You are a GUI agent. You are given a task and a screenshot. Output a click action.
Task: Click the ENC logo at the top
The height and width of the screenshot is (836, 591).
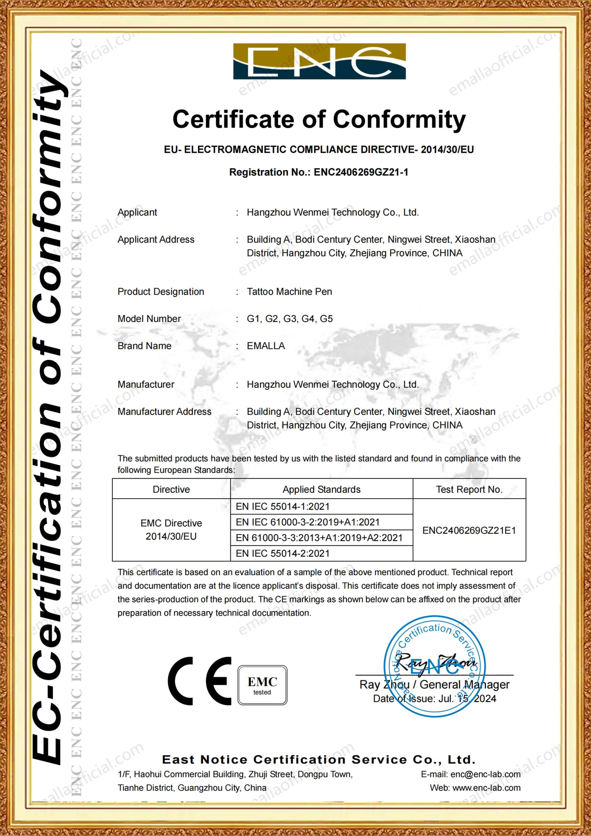pos(319,61)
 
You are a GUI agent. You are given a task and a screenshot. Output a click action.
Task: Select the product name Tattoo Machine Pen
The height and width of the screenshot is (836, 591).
pos(289,292)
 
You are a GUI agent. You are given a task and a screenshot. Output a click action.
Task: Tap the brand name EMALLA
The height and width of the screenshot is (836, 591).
pos(266,346)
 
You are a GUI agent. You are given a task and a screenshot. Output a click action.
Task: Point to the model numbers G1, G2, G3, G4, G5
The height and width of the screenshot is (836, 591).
pos(290,319)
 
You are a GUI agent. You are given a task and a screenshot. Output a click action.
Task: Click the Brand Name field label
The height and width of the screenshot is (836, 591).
pos(144,346)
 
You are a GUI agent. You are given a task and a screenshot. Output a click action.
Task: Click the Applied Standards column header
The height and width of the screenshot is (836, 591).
pos(321,489)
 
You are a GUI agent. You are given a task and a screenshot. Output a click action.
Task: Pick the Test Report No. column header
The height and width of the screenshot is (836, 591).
pos(469,489)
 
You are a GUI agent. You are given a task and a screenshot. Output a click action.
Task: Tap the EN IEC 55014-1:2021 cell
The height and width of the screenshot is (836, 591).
pos(282,507)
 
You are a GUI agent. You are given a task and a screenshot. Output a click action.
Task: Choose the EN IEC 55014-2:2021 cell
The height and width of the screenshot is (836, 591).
pos(282,554)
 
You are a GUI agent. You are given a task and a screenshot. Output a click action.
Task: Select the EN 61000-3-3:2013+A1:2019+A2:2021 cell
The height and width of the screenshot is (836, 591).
pos(319,538)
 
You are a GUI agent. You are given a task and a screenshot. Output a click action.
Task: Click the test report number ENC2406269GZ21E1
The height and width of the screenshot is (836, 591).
pos(469,530)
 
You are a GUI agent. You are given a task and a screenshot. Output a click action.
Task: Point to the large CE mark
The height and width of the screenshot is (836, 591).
pos(199,681)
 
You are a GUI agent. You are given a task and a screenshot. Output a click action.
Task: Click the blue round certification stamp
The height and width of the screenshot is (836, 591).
pos(435,666)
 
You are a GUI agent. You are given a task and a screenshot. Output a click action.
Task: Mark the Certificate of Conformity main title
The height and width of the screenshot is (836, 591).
pos(319,119)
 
